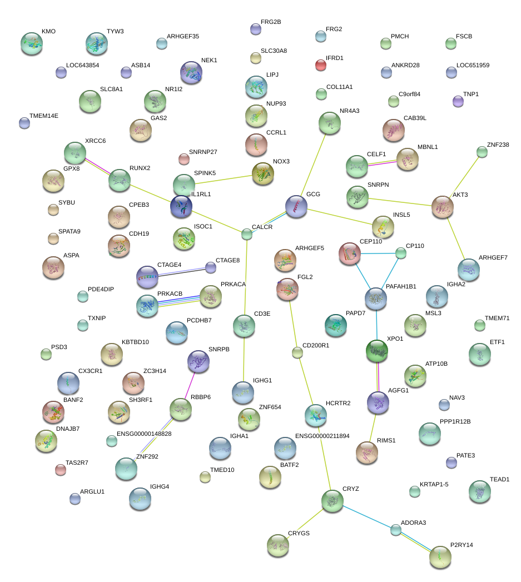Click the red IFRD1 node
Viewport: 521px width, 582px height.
(x=321, y=65)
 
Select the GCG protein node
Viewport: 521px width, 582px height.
(x=296, y=206)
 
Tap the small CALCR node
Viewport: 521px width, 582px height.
(x=247, y=234)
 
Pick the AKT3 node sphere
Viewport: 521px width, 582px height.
(x=442, y=207)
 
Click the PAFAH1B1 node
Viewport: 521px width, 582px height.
(x=375, y=299)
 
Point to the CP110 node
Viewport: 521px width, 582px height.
(x=401, y=253)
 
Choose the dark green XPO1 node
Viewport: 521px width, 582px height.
(x=377, y=350)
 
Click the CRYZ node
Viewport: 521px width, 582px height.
(x=333, y=501)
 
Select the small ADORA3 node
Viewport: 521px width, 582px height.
(x=395, y=530)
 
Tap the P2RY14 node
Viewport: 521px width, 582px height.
(x=440, y=556)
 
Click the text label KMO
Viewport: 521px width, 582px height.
(x=48, y=32)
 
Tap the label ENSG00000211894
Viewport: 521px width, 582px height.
(x=322, y=436)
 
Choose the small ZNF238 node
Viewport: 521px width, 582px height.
(x=482, y=152)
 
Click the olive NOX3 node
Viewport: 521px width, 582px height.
(x=262, y=173)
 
